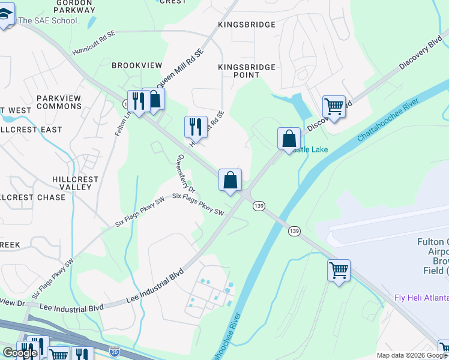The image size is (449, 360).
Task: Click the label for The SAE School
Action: pos(48,20)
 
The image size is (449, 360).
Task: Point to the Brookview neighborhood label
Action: pos(137,64)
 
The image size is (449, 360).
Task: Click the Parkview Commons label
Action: pos(59,102)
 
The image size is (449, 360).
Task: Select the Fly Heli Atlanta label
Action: pos(421,298)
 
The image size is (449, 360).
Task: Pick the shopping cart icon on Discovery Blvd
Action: pos(334,107)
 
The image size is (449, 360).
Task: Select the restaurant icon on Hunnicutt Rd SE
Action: pos(196,126)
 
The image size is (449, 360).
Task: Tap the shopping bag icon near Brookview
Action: pos(154,99)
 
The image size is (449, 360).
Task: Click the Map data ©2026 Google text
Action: pos(412,355)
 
